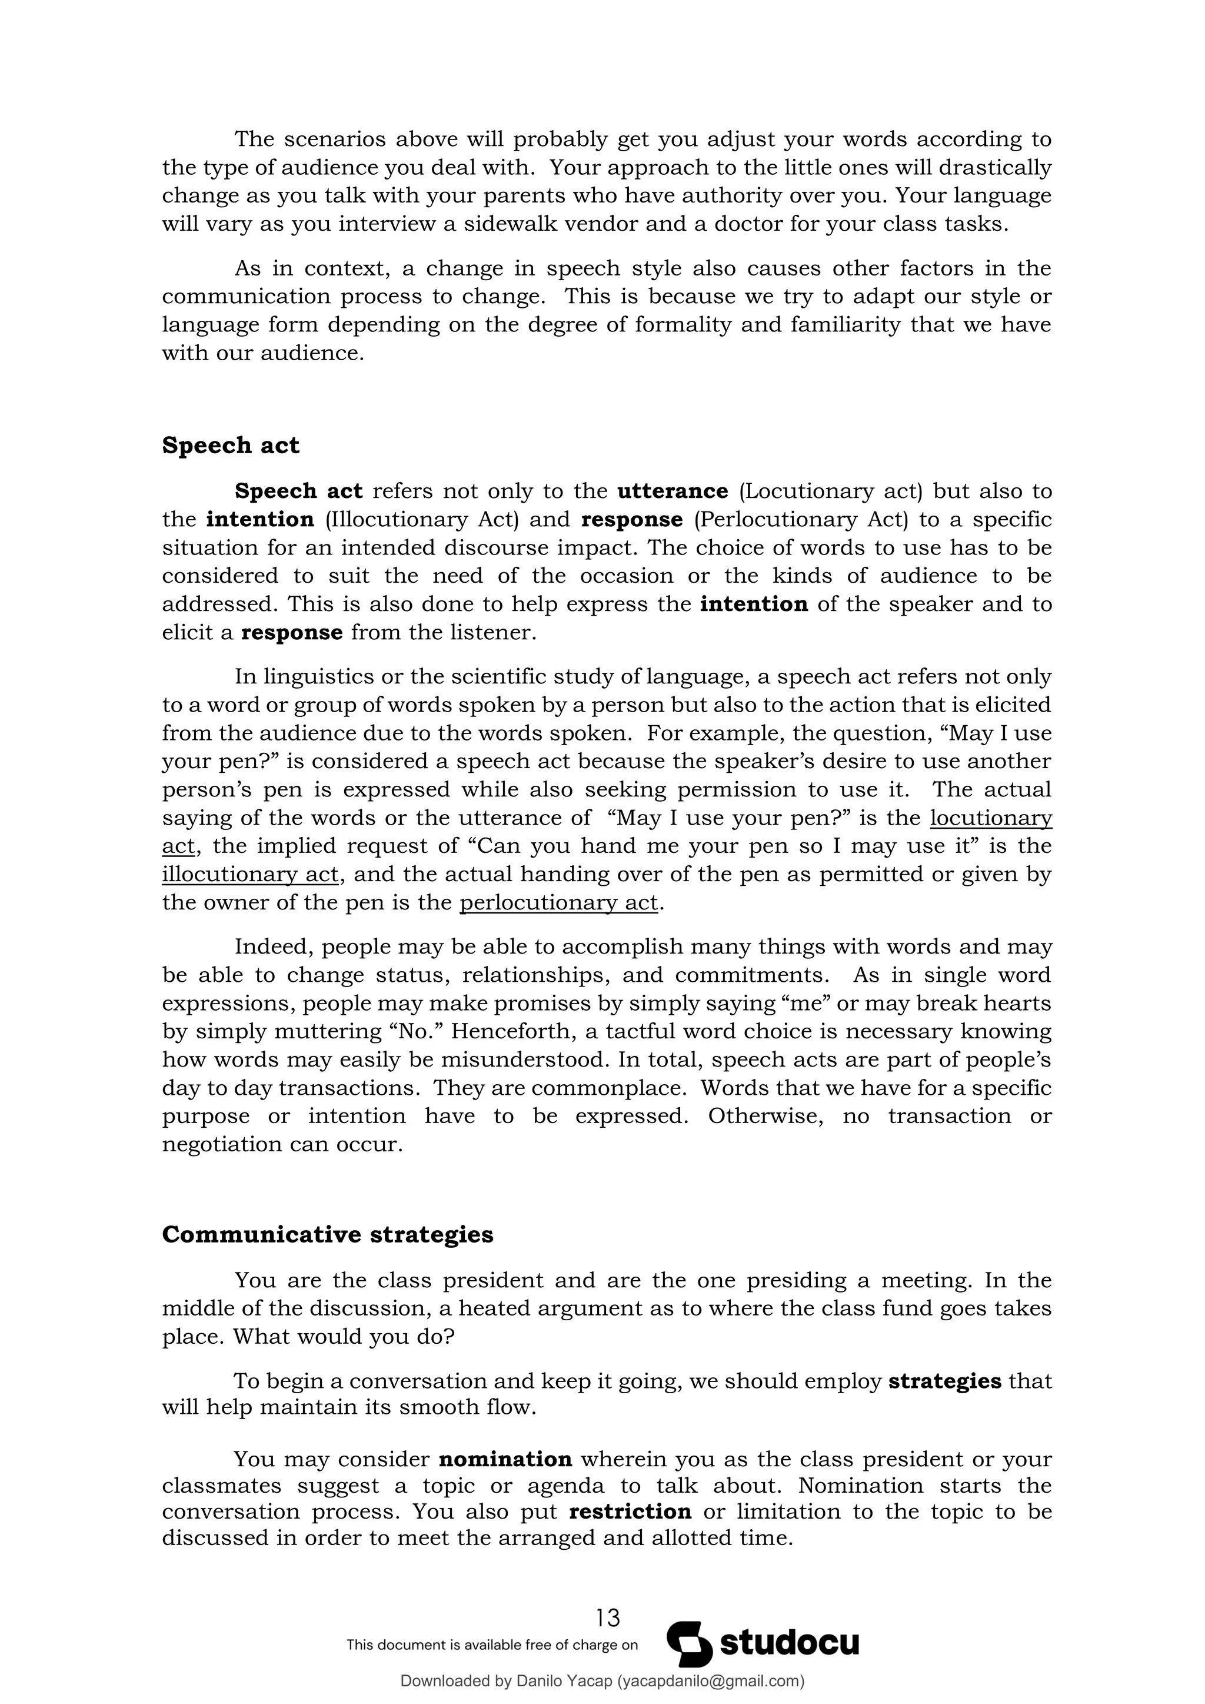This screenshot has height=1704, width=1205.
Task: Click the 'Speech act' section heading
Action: pyautogui.click(x=230, y=446)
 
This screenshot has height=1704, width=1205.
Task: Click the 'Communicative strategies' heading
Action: pyautogui.click(x=327, y=1234)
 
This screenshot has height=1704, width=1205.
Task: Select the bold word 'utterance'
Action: pyautogui.click(x=673, y=491)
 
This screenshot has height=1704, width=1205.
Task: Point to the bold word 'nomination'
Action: pyautogui.click(x=505, y=1459)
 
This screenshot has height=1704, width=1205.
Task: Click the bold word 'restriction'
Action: pyautogui.click(x=630, y=1512)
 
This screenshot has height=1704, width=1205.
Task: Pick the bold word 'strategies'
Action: pyautogui.click(x=944, y=1381)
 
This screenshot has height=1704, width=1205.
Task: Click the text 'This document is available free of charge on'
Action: pyautogui.click(x=492, y=1665)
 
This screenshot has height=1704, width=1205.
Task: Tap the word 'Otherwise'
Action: pyautogui.click(x=765, y=1116)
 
